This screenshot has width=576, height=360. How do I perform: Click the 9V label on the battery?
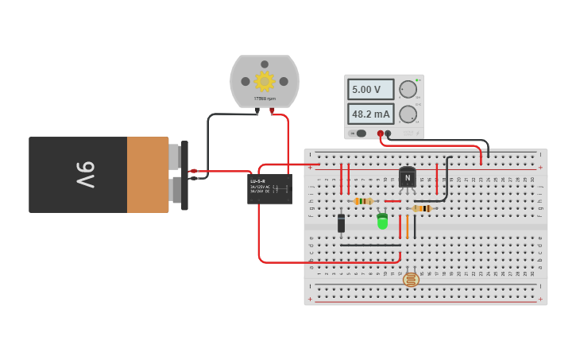tap(86, 175)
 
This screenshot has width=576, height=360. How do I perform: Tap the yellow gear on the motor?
tap(264, 81)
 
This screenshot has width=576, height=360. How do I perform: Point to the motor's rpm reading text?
tap(265, 99)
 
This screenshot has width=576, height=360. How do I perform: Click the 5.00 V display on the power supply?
tap(370, 89)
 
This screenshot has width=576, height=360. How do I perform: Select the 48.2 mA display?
tap(370, 114)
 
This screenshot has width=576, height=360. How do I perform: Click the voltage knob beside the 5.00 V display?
tap(408, 89)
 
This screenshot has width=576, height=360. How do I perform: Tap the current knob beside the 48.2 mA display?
tap(408, 114)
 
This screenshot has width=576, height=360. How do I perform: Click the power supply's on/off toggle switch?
tap(360, 134)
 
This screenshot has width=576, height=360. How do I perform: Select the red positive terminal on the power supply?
tap(381, 134)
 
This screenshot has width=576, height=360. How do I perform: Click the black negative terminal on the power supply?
tap(388, 134)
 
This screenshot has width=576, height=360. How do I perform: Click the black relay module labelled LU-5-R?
tap(269, 189)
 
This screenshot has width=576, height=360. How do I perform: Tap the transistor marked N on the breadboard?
tap(408, 177)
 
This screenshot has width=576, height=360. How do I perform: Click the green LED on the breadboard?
tap(382, 222)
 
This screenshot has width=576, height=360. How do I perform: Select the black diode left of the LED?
tap(341, 223)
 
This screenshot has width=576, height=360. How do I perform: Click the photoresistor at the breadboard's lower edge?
tap(411, 279)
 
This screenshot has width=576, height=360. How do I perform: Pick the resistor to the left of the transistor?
tap(363, 201)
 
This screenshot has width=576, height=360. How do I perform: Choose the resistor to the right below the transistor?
tap(422, 208)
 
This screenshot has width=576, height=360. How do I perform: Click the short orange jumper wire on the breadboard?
tap(407, 227)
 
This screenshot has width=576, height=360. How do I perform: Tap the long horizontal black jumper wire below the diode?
tap(369, 245)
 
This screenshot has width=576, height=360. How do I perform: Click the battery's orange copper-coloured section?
tap(148, 175)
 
